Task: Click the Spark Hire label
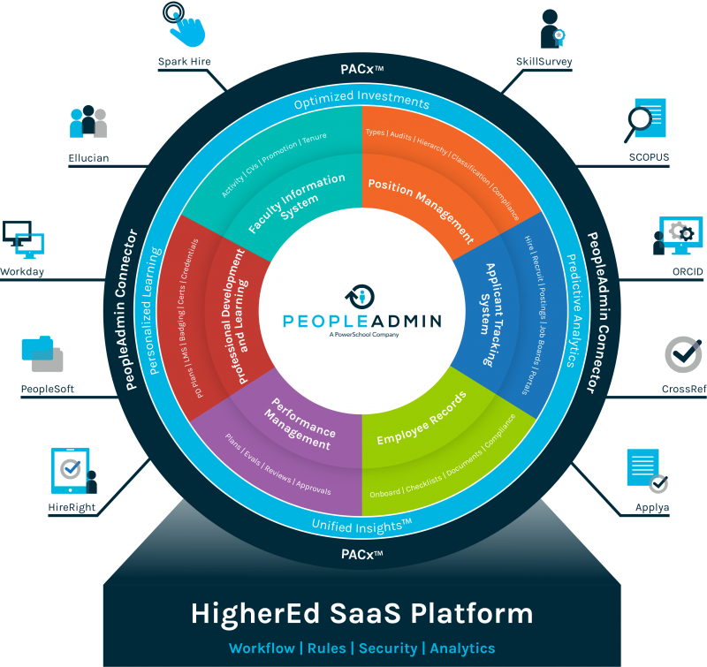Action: coord(185,62)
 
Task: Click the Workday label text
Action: coord(23,272)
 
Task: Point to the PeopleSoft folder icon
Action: coord(42,353)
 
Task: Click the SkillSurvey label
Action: coord(544,62)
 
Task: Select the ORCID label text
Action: coord(687,272)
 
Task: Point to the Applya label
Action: coord(651,508)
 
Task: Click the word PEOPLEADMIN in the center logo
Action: coord(362,319)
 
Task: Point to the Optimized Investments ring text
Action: coord(362,102)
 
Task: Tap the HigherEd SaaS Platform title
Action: coord(362,613)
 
